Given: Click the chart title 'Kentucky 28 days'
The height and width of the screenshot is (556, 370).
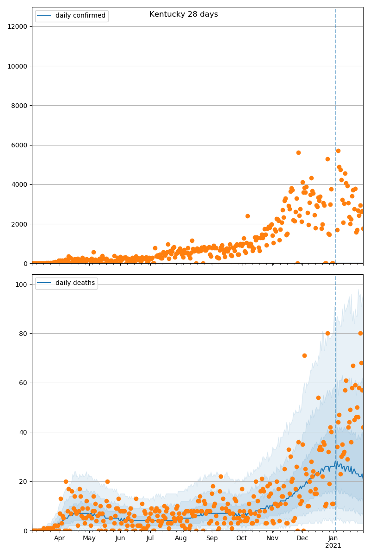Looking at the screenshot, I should (x=184, y=14).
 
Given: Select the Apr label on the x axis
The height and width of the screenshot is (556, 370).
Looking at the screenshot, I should (x=59, y=538).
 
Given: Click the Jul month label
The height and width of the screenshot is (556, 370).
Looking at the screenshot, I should (x=150, y=538).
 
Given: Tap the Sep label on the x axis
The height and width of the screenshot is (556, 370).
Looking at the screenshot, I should (x=212, y=538).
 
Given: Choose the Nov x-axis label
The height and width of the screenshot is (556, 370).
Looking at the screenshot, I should (x=272, y=538).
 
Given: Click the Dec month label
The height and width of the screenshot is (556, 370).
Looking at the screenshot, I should (x=302, y=538).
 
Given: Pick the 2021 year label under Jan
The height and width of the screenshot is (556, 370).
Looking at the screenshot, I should (x=333, y=546).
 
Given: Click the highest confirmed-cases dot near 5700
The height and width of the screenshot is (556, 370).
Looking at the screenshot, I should (x=338, y=151).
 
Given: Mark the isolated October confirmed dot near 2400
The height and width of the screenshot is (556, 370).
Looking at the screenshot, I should (x=247, y=216).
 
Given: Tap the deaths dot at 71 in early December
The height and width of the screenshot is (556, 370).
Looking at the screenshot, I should (x=304, y=355).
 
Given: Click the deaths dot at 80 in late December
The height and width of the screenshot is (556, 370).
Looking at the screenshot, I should (x=327, y=333).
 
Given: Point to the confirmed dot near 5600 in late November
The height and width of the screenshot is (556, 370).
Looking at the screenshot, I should (x=298, y=152).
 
